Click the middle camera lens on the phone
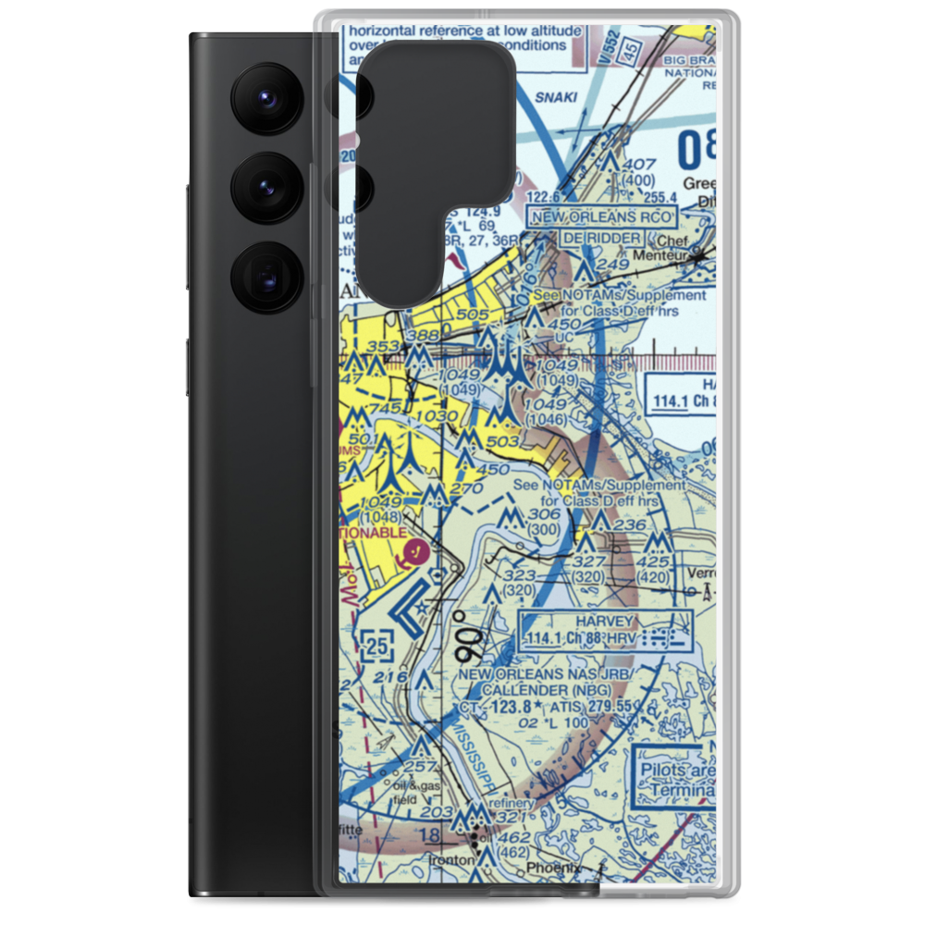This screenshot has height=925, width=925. (x=265, y=187)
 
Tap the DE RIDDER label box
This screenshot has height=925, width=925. (x=601, y=238)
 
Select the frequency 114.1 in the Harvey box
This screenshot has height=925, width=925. (x=549, y=639)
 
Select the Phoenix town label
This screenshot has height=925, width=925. (x=552, y=868)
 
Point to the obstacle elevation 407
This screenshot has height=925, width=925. (x=638, y=164)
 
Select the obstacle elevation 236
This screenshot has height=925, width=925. (x=630, y=524)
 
